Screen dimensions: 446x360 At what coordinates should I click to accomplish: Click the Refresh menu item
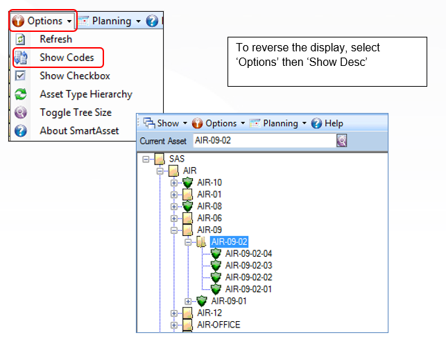[x=55, y=39]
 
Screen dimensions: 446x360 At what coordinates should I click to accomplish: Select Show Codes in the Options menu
[x=67, y=58]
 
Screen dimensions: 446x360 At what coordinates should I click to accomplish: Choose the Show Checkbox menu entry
[x=75, y=76]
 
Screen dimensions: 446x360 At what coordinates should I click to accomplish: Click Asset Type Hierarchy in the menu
[x=86, y=94]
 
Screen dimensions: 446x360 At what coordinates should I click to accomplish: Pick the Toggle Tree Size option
[x=76, y=112]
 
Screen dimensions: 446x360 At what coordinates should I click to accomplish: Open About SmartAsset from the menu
[x=79, y=130]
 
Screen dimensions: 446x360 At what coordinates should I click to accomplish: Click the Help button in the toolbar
[x=327, y=123]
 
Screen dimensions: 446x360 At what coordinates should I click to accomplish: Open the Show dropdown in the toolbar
[x=165, y=123]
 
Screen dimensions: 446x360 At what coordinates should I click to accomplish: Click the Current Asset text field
[x=264, y=141]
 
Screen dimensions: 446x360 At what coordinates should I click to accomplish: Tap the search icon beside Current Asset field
[x=342, y=141]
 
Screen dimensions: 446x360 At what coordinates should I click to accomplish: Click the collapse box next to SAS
[x=146, y=159]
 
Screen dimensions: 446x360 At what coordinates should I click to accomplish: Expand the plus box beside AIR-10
[x=174, y=183]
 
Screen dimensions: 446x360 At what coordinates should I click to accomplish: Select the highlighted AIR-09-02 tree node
[x=230, y=241]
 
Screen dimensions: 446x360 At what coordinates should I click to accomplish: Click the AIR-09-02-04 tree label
[x=248, y=253]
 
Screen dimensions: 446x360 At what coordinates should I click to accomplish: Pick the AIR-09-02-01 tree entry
[x=248, y=289]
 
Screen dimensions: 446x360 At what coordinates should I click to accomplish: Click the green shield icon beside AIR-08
[x=188, y=206]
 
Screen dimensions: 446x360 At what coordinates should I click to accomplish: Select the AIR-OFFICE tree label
[x=218, y=325]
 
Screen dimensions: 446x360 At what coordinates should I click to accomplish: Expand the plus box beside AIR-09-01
[x=188, y=301]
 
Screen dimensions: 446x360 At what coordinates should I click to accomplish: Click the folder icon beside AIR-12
[x=187, y=313]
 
